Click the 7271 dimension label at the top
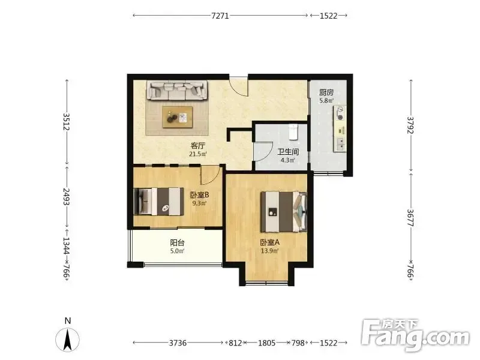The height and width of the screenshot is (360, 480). click(x=220, y=16)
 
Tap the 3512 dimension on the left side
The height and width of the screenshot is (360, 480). click(x=67, y=122)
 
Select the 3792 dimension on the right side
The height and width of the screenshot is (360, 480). click(x=410, y=125)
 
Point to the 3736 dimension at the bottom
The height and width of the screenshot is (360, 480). click(x=178, y=343)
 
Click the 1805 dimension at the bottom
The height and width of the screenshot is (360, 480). click(x=266, y=343)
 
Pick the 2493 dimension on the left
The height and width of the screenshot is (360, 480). click(x=67, y=197)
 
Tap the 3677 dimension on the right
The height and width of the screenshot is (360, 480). click(x=410, y=218)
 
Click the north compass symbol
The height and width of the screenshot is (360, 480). click(x=68, y=339)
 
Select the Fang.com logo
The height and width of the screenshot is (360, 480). click(x=416, y=335)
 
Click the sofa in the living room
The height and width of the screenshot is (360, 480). click(x=177, y=90)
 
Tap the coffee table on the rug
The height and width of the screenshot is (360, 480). click(x=178, y=117)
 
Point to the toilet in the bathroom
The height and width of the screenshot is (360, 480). click(x=293, y=131)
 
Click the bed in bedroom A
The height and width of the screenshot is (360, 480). click(x=284, y=212)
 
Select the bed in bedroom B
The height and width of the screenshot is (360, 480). click(x=159, y=202)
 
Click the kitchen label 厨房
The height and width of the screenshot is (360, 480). click(x=326, y=92)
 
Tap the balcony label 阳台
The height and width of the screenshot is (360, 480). click(x=177, y=243)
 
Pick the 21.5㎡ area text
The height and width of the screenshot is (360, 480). click(x=198, y=154)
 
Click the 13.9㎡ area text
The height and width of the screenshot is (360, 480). click(x=269, y=251)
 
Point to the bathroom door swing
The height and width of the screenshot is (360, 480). click(x=264, y=152)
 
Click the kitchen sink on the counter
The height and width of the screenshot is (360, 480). click(x=340, y=144)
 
